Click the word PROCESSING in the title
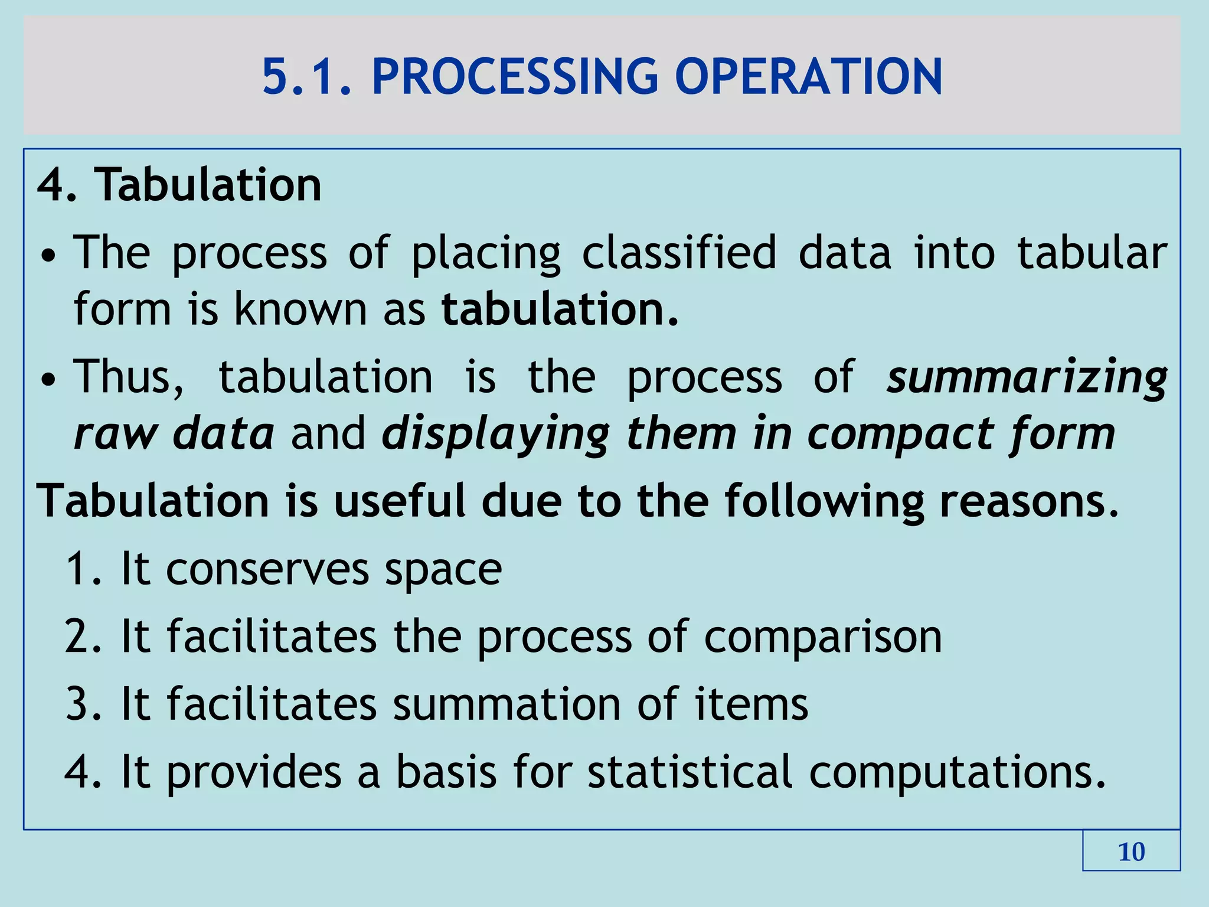(514, 77)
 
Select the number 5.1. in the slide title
(307, 77)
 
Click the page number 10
(1131, 852)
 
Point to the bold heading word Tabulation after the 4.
(210, 185)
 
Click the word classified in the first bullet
(679, 253)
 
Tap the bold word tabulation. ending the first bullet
(560, 309)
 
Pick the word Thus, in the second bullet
(129, 377)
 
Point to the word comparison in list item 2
(823, 637)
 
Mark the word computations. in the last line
(957, 772)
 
